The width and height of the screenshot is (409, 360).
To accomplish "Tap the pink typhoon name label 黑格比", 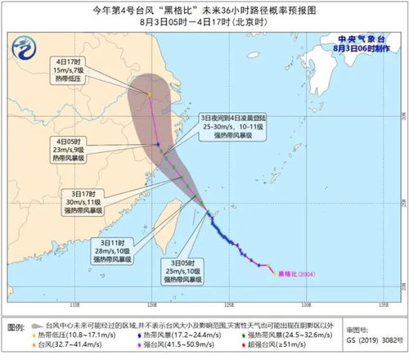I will [x=290, y=272].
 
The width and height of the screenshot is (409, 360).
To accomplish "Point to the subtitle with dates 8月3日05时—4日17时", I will [x=204, y=22].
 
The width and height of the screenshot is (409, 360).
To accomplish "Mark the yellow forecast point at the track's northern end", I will [x=150, y=95].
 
